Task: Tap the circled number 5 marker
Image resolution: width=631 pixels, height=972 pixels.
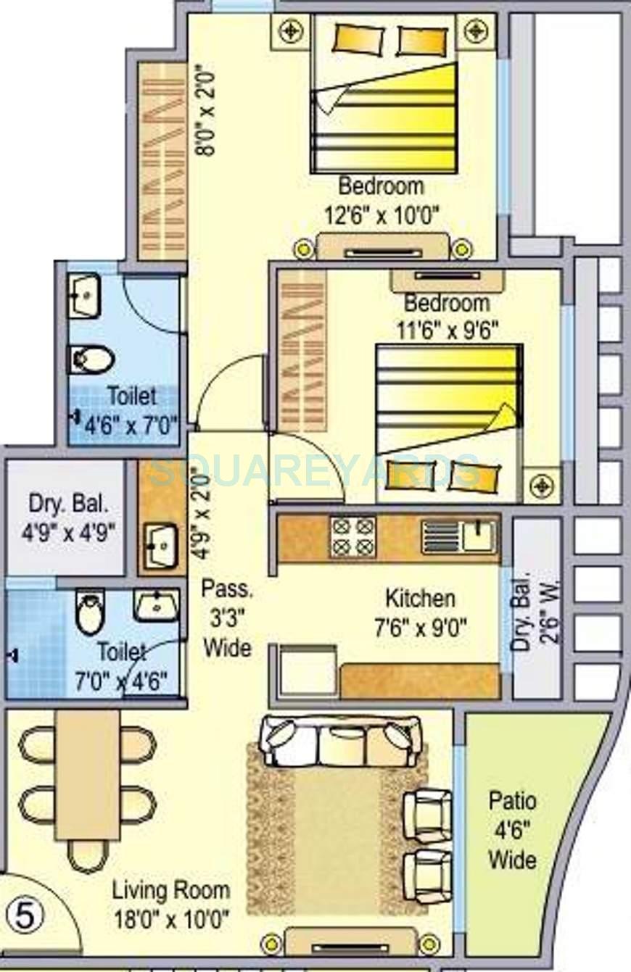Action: click(25, 915)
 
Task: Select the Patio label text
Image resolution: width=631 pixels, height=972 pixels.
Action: click(512, 802)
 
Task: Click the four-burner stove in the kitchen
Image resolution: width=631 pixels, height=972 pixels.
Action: click(353, 536)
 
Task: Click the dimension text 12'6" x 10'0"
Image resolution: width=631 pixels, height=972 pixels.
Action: click(381, 215)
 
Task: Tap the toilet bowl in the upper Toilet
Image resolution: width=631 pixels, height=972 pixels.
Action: click(91, 359)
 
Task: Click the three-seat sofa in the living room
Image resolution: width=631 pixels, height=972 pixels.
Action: click(342, 741)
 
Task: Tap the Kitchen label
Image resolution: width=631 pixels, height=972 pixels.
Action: click(420, 599)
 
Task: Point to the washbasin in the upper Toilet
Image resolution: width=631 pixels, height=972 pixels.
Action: click(85, 295)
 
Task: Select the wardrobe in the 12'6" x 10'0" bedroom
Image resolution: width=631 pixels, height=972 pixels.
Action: click(162, 161)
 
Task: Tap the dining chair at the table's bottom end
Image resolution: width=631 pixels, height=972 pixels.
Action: click(88, 855)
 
